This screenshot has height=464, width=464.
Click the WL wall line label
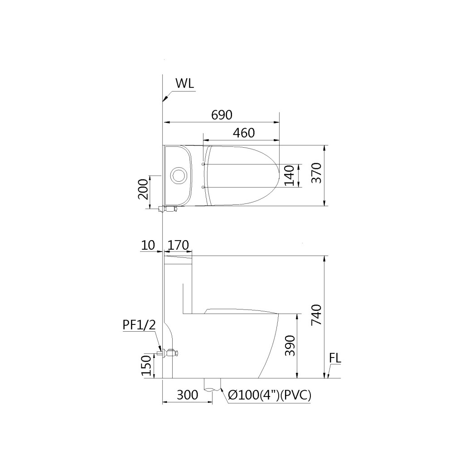click(185, 83)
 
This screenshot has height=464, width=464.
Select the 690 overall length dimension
click(222, 115)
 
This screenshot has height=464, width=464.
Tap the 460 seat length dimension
click(243, 133)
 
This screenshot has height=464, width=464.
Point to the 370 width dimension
click(317, 173)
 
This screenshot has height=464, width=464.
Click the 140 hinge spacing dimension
click(290, 175)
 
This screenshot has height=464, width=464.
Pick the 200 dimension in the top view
click(144, 189)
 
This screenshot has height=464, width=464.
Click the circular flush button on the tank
click(179, 175)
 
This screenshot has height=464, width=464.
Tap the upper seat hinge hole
click(203, 164)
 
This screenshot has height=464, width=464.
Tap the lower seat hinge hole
click(203, 187)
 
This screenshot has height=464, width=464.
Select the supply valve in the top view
click(168, 209)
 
